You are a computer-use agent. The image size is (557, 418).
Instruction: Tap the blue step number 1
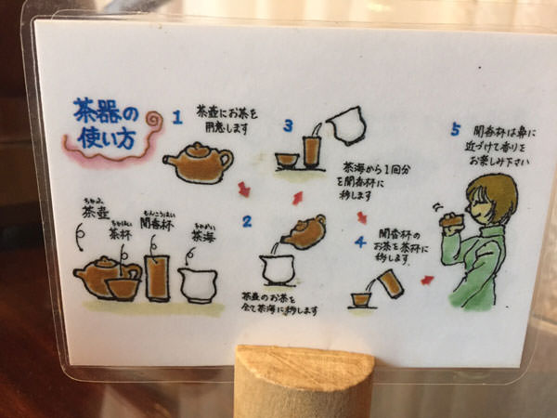tap(175, 119)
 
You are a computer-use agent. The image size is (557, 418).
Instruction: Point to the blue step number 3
tap(289, 125)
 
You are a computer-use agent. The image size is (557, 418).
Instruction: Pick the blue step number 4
tap(360, 243)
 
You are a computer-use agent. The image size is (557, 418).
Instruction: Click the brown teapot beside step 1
tap(198, 163)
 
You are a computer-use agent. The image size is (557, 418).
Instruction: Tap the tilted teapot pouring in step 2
tap(303, 231)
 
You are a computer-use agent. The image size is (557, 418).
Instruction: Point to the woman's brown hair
tap(490, 195)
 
